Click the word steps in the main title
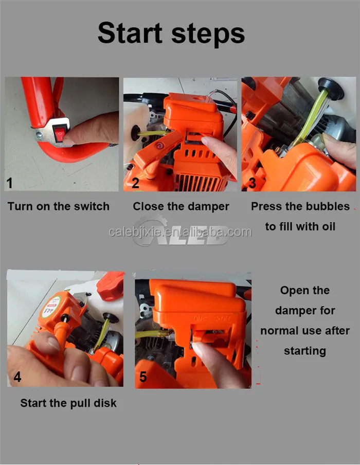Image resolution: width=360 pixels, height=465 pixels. [208, 34]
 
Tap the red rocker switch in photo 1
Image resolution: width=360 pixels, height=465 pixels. [60, 133]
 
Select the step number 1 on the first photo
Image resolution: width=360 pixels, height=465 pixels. [10, 183]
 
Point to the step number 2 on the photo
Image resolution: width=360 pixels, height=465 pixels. [135, 183]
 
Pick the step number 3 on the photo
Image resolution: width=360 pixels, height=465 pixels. [253, 183]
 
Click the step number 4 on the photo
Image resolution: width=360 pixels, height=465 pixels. [17, 377]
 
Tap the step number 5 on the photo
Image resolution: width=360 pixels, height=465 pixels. [143, 377]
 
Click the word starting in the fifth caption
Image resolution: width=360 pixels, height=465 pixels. [305, 351]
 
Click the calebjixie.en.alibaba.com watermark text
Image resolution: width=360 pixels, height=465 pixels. [180, 232]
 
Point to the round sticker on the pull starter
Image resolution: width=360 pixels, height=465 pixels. [52, 307]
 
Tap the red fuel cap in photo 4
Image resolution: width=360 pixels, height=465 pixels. [110, 286]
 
